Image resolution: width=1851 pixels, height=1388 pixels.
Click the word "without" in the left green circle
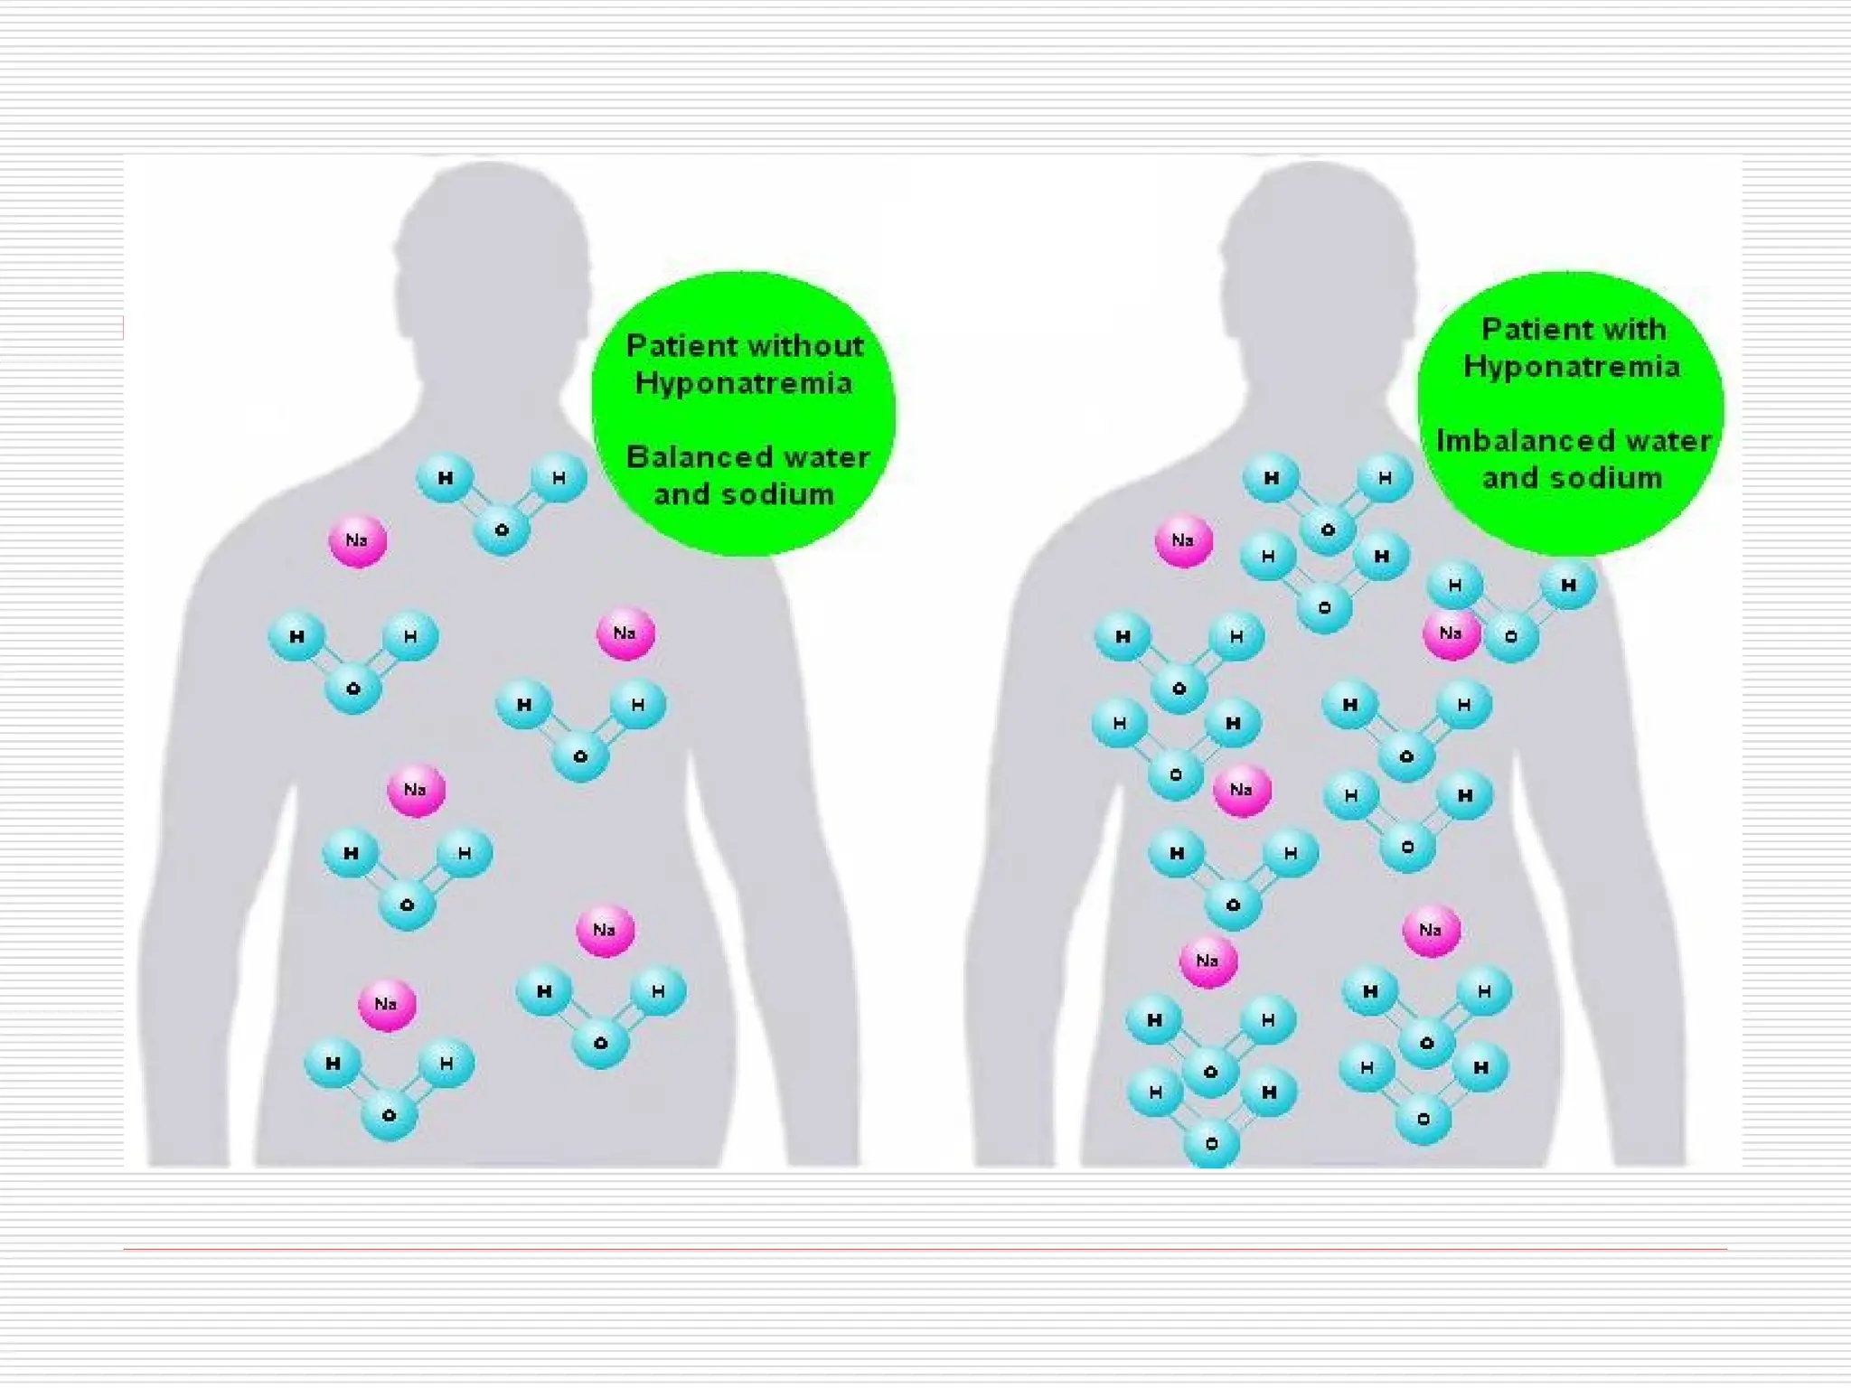[805, 345]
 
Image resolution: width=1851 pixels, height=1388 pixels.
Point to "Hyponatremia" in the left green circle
[743, 383]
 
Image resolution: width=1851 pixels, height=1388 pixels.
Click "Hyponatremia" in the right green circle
[1572, 366]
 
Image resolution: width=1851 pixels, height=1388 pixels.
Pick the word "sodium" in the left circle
[782, 494]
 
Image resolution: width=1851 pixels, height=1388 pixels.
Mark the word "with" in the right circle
[1636, 329]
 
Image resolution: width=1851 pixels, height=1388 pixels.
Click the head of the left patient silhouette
[492, 253]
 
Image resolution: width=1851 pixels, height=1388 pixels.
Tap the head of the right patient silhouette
[1317, 253]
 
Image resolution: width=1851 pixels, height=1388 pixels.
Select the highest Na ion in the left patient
[358, 541]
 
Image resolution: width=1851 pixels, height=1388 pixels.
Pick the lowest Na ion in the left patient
[387, 1004]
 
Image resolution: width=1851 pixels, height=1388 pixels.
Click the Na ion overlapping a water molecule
[1451, 633]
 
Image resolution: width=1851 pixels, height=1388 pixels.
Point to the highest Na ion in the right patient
[1183, 541]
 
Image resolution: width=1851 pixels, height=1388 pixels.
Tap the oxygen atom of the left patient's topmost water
[502, 530]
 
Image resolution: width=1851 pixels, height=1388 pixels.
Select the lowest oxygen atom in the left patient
[389, 1115]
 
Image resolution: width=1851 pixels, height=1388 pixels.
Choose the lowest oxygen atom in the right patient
[1211, 1144]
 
